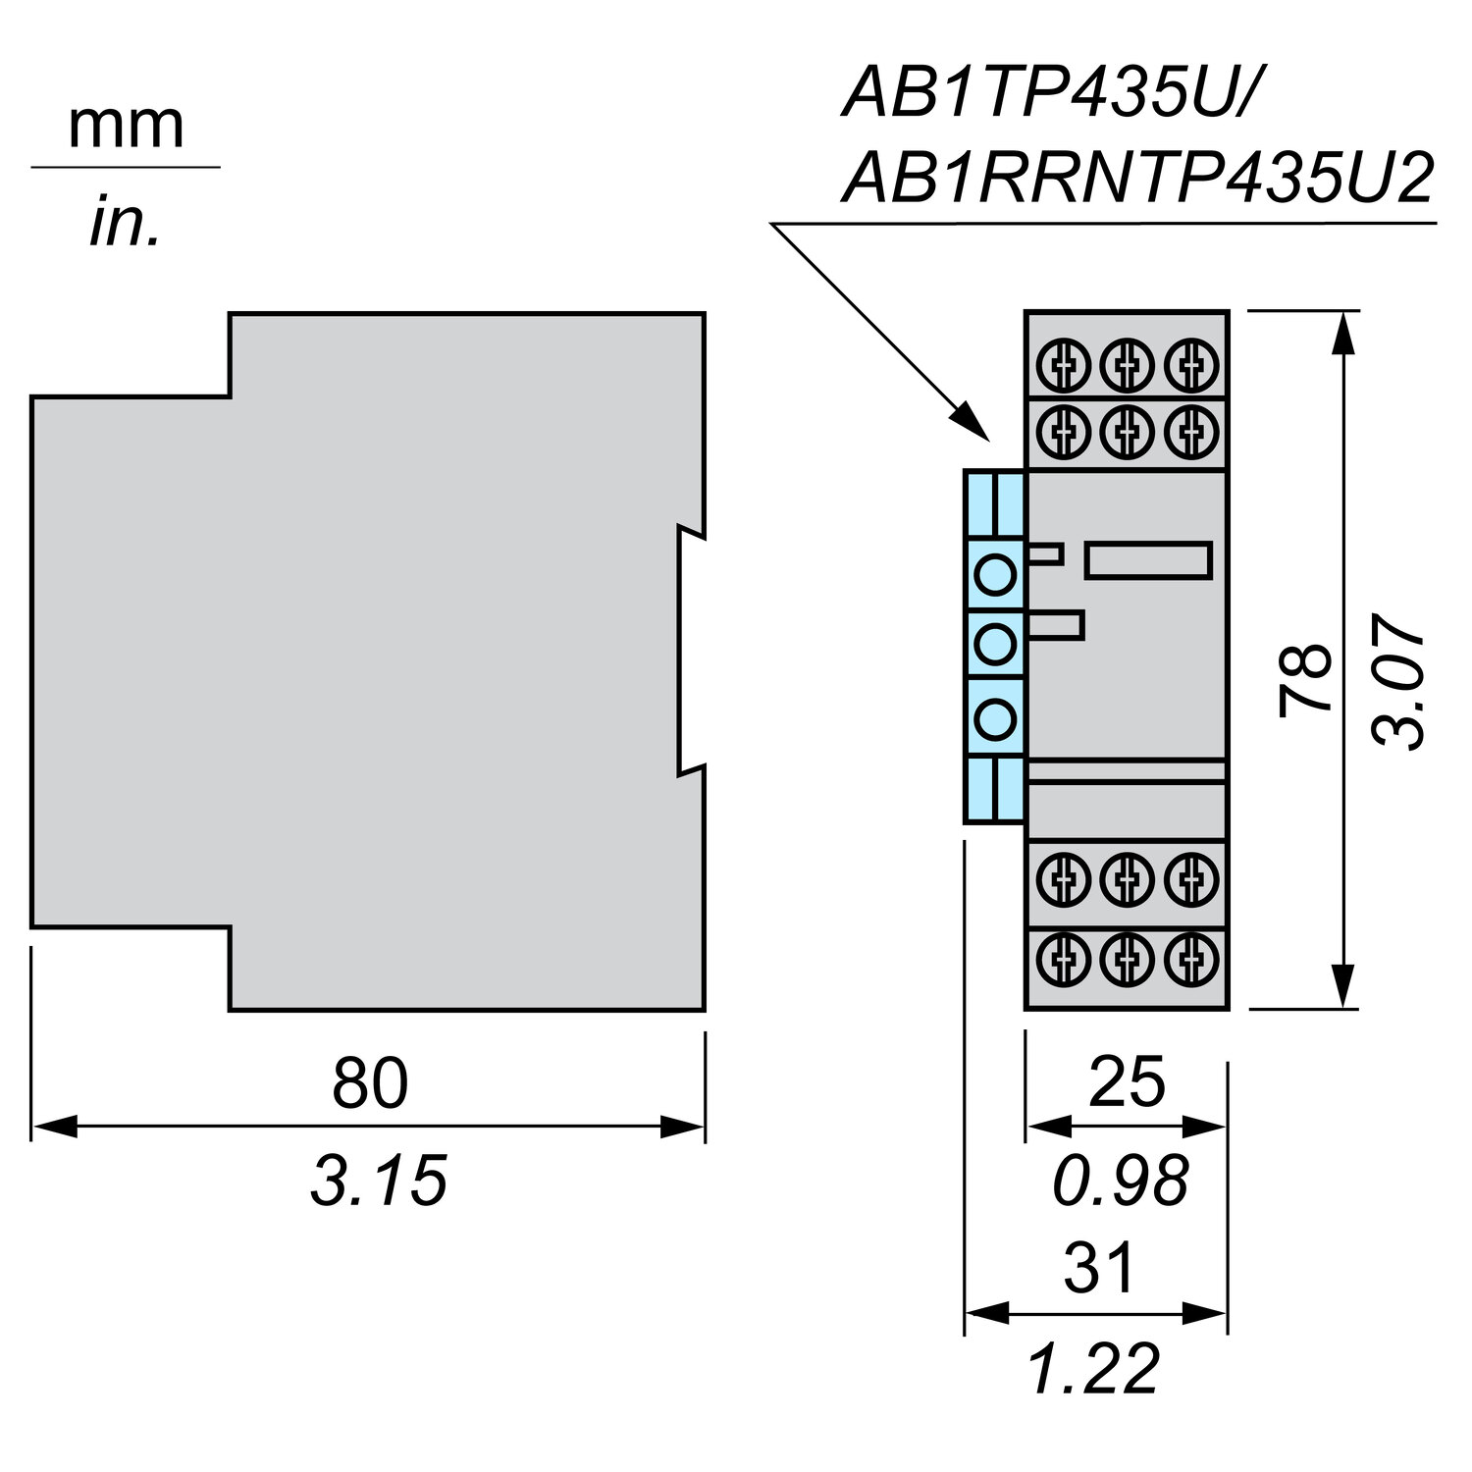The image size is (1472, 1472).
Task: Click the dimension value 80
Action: coord(370,1082)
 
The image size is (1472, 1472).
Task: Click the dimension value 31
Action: coord(1099,1267)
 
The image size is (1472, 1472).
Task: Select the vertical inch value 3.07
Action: coord(1397,681)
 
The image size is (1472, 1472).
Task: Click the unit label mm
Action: coord(126,126)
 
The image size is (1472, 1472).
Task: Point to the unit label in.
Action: coord(124,222)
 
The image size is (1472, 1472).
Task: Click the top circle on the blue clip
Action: coord(995,573)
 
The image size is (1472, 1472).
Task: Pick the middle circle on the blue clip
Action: coord(995,645)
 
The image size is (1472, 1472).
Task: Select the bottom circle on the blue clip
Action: coord(995,718)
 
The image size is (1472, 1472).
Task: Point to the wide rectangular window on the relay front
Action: coord(1148,560)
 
